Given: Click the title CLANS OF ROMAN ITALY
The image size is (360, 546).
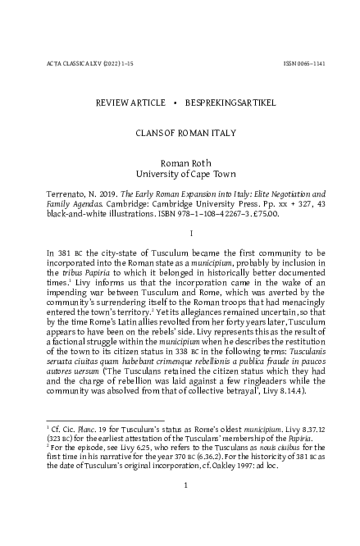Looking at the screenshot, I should pos(180,130).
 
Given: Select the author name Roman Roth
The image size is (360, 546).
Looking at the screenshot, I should pos(180,163).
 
